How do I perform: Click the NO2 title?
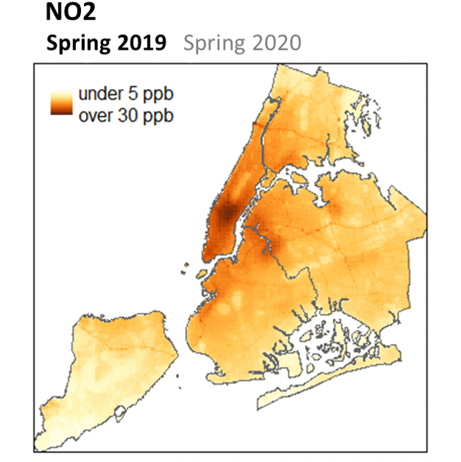[70, 13]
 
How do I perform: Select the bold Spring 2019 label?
[106, 43]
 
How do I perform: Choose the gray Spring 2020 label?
[242, 43]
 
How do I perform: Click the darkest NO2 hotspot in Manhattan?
[227, 215]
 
